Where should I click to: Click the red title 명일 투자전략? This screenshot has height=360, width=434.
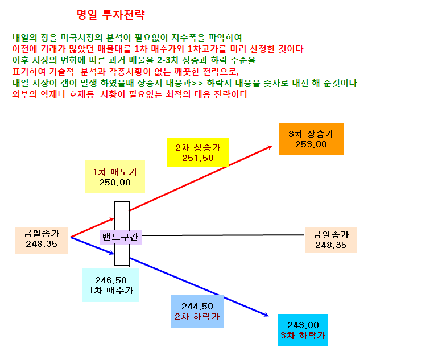pos(111,15)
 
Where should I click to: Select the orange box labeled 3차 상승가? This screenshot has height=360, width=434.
pos(311,139)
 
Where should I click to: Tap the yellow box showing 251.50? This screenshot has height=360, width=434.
pos(198,152)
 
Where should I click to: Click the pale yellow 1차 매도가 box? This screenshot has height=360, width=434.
pos(115,177)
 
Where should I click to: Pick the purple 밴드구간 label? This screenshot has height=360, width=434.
pos(121,237)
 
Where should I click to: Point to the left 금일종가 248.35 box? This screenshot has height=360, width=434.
pos(42,240)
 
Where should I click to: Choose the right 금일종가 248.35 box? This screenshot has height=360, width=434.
pos(330,239)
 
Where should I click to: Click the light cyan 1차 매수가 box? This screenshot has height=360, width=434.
pos(111,285)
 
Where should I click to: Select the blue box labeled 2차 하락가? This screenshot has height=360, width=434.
pos(197,311)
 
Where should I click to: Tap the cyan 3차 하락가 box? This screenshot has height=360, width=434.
pos(303,330)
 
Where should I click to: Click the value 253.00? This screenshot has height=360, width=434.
pos(311,144)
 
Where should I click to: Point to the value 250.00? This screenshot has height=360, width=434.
pos(115,183)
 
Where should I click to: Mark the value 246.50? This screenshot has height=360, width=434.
pos(111,280)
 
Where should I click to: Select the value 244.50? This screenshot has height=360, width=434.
pos(197,307)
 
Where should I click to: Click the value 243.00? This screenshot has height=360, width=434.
pos(303,325)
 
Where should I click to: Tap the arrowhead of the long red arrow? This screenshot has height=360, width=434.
pos(272,146)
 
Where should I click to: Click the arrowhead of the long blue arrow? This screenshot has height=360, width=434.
pos(268,316)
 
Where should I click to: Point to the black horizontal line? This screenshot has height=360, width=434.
pos(223,235)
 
